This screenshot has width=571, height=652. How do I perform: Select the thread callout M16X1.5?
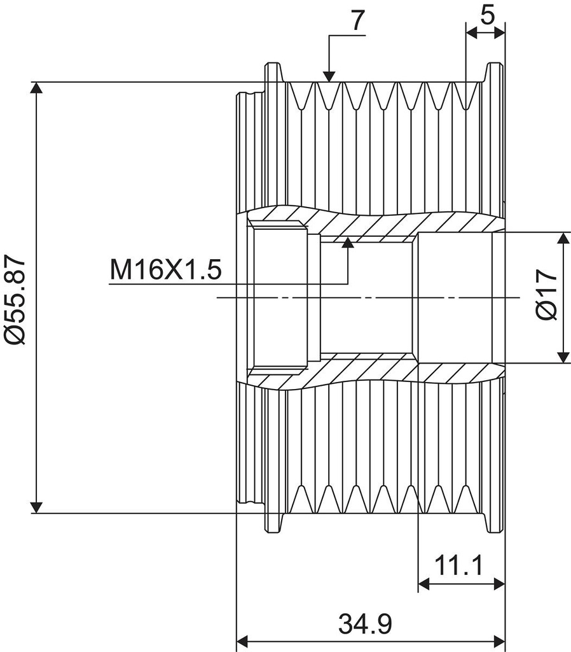coord(165,270)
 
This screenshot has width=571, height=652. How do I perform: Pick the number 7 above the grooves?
coord(357,20)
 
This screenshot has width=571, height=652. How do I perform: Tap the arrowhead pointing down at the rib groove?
coord(329,75)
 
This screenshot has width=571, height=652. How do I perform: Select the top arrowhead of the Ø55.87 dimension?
coord(38,90)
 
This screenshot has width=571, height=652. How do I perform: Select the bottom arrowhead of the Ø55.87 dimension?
coord(38,506)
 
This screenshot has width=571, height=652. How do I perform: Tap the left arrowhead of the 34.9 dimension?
coord(244,640)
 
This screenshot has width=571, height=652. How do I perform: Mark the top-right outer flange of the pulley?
coord(495,73)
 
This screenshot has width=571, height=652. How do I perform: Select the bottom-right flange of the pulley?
coord(495,522)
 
